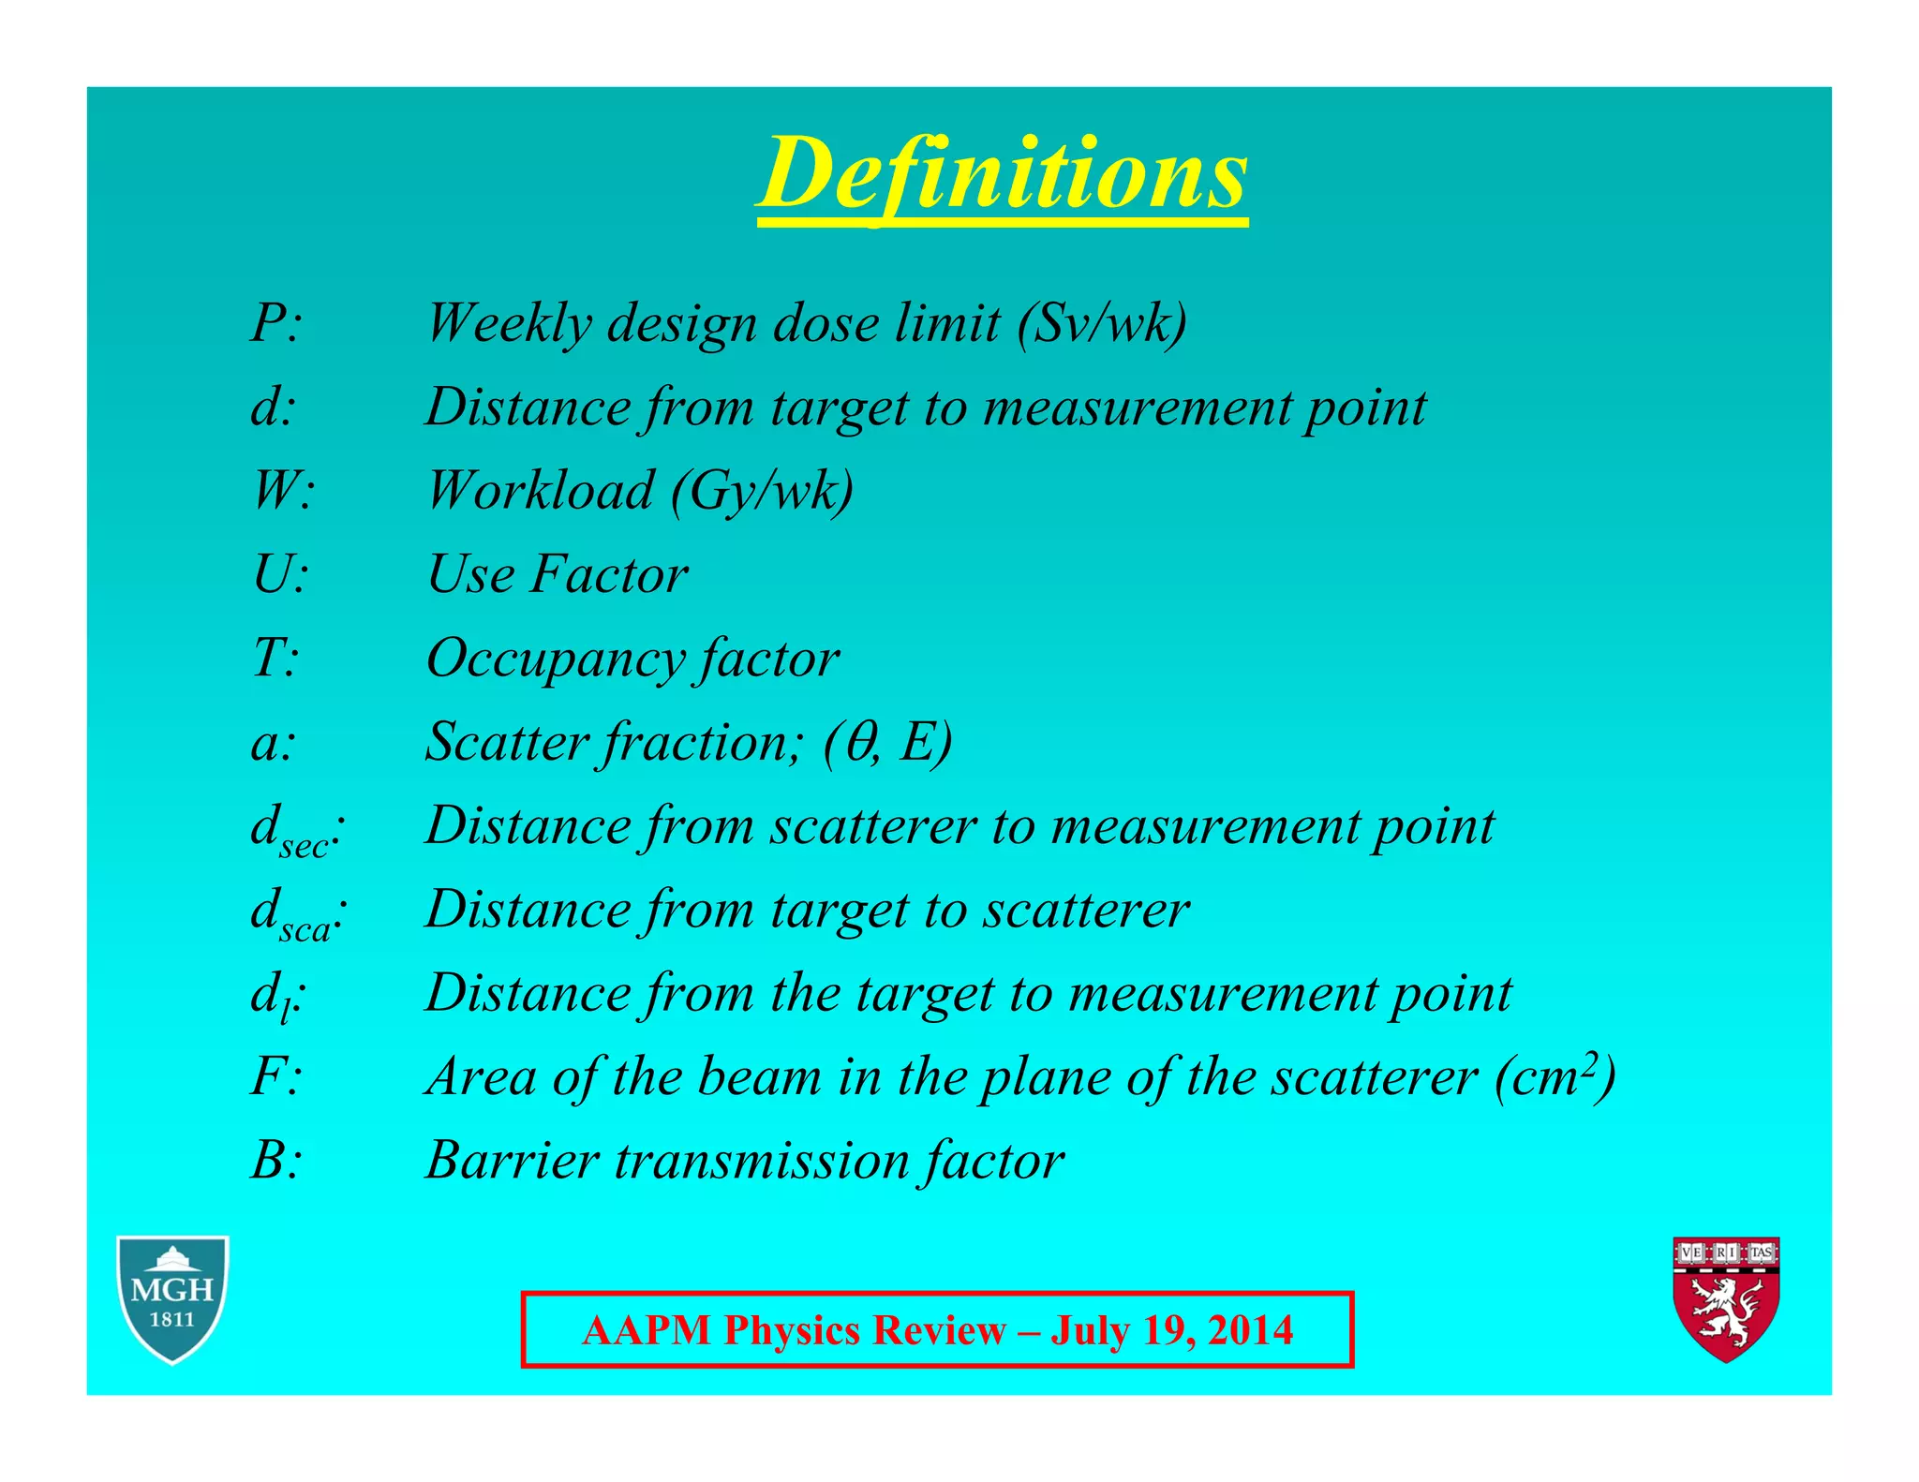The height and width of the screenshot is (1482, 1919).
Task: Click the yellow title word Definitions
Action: pyautogui.click(x=1003, y=173)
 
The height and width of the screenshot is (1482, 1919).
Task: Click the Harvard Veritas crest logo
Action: pyautogui.click(x=1726, y=1298)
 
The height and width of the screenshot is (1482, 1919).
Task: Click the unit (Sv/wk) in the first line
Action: pyautogui.click(x=1103, y=324)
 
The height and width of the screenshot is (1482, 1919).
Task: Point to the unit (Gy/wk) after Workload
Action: pyautogui.click(x=762, y=491)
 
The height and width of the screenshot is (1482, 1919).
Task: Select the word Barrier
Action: pyautogui.click(x=512, y=1160)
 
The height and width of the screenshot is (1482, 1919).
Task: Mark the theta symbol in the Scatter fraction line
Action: pyautogui.click(x=859, y=742)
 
